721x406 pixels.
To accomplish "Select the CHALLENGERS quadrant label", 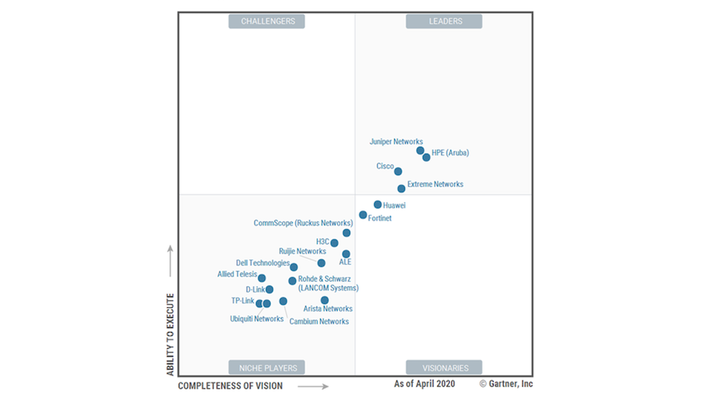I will click(x=267, y=21).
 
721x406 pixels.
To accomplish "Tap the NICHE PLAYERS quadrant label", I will click(x=267, y=368).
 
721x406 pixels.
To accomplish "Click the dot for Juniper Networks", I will click(x=421, y=151).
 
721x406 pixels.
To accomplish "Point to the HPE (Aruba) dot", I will click(x=427, y=158).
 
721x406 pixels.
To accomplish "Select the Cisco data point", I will click(x=398, y=172).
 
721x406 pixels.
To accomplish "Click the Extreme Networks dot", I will click(x=401, y=189).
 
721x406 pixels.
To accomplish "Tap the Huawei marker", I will click(x=378, y=205).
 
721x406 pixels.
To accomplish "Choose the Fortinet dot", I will click(x=363, y=215).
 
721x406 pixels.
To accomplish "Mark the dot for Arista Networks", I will click(x=324, y=300).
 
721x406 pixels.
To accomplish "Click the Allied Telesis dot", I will click(x=262, y=278).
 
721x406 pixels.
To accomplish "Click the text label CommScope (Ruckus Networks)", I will click(x=303, y=223).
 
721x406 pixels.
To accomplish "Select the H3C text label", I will click(x=322, y=241).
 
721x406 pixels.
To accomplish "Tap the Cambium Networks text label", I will click(x=318, y=321).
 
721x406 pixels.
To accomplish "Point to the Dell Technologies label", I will click(x=262, y=263).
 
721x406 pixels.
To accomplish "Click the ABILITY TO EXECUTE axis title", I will click(x=170, y=334).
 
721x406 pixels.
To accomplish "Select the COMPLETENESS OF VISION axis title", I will click(x=230, y=386).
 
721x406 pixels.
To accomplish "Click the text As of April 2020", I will click(x=424, y=384).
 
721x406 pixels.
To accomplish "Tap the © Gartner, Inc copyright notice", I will click(x=506, y=384).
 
